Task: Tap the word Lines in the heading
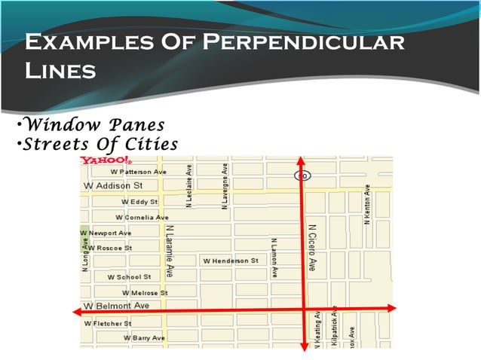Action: [x=60, y=72]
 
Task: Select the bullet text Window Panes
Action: [x=93, y=124]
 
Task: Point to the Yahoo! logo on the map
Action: [x=106, y=160]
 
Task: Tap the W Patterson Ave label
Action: [x=139, y=172]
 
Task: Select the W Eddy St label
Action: [x=139, y=202]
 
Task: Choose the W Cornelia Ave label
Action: [x=142, y=217]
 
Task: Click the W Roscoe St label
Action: [x=110, y=247]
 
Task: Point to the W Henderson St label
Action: [x=231, y=261]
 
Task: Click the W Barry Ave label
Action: [x=144, y=338]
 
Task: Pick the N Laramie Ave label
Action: [x=170, y=251]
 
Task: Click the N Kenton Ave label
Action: [x=367, y=204]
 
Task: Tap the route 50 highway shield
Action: [x=301, y=175]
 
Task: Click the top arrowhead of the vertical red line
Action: [x=302, y=160]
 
